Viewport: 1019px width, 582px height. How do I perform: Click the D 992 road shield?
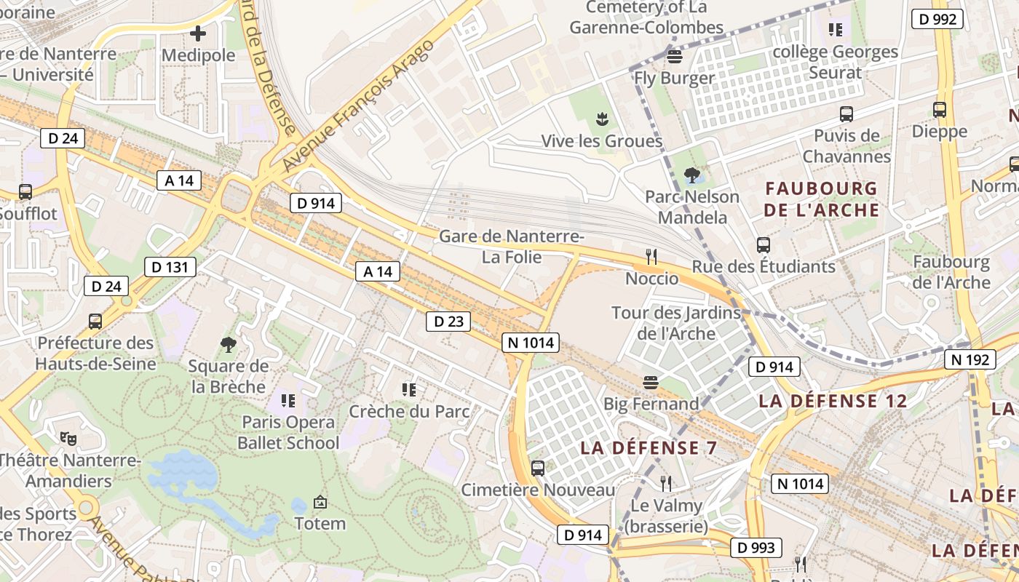(x=937, y=19)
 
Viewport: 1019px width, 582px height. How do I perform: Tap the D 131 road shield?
(x=170, y=267)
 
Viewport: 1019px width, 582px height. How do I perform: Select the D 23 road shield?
(x=448, y=321)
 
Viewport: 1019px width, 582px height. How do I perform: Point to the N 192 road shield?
(x=970, y=359)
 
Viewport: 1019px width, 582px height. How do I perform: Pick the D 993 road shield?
(x=756, y=548)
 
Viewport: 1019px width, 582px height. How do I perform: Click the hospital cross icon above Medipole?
(x=198, y=33)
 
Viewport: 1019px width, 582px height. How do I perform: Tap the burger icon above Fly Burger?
(x=674, y=56)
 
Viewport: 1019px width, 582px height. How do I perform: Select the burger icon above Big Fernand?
(x=650, y=382)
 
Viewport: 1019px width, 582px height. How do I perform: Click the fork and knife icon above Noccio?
(x=651, y=256)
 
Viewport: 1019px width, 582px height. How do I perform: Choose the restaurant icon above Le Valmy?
(x=665, y=483)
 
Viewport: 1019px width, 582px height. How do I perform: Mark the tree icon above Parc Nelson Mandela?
(x=691, y=175)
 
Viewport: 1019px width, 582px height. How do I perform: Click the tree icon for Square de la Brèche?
(x=228, y=344)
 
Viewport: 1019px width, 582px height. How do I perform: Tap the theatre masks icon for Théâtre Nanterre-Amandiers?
(x=68, y=438)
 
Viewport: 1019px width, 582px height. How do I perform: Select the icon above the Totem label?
(x=320, y=502)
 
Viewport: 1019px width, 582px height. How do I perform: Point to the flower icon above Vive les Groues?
(x=601, y=119)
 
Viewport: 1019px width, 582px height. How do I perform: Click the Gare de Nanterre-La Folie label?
(x=511, y=247)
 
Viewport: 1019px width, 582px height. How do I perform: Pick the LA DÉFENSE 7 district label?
(x=649, y=448)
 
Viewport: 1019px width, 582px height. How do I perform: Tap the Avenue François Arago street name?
(x=358, y=105)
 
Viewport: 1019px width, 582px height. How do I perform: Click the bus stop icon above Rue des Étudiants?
(x=763, y=245)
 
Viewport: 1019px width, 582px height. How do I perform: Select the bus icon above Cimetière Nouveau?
(x=538, y=469)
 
